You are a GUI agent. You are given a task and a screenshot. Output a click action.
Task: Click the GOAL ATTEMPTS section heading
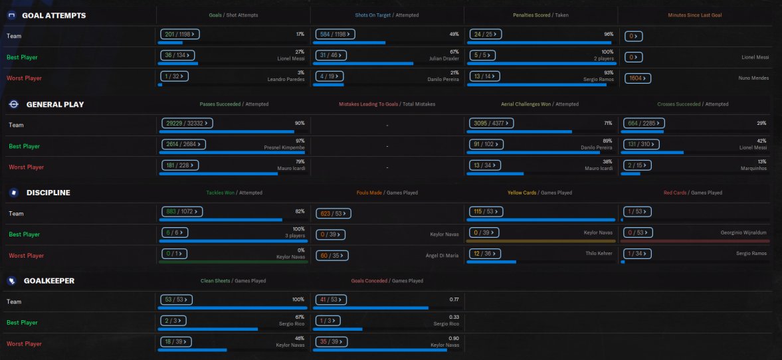[x=54, y=15]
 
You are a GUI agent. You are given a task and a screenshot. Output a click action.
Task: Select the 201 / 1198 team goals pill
[x=180, y=34]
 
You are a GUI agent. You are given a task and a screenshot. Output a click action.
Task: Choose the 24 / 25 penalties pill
[x=486, y=34]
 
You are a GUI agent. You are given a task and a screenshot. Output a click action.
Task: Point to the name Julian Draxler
[x=445, y=58]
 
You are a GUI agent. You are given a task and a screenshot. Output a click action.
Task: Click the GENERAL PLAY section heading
[x=64, y=104]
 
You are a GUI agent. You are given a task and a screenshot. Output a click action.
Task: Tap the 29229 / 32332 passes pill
[x=187, y=123]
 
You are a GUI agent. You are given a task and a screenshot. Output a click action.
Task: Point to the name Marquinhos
[x=754, y=169]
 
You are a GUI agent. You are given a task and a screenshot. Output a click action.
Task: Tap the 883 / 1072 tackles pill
[x=181, y=212]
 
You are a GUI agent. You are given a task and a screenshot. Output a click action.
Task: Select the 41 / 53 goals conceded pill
[x=330, y=300]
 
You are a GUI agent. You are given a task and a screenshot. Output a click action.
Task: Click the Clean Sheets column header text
[x=215, y=281]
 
